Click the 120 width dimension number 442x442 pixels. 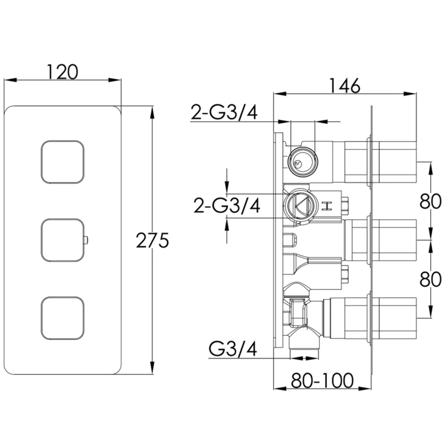coord(62,72)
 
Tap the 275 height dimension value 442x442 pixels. coord(152,240)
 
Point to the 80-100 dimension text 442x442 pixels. coord(322,380)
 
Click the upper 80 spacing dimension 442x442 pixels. coord(430,201)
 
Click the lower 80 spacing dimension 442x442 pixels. coord(430,279)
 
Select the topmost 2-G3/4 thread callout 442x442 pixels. coord(224,112)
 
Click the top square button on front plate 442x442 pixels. coord(63,162)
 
